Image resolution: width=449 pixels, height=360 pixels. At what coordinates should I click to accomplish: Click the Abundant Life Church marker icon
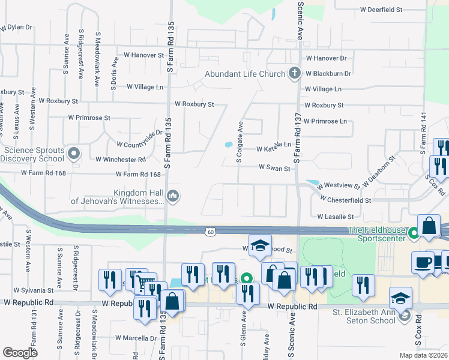[294, 74]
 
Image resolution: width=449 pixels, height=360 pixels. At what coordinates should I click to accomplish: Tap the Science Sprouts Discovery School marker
[74, 154]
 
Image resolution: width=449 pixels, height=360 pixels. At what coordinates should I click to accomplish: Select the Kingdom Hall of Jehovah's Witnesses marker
[173, 196]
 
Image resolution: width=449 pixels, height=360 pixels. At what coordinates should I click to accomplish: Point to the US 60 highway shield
[209, 232]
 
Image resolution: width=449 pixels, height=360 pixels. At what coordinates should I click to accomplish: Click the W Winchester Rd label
[121, 160]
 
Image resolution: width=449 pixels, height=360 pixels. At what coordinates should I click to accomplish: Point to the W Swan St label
[274, 169]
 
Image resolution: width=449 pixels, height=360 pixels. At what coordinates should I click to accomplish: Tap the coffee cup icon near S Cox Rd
[423, 262]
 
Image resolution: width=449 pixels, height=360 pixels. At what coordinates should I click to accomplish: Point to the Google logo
[20, 353]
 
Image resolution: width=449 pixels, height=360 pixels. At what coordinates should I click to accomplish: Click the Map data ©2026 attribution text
[423, 355]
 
